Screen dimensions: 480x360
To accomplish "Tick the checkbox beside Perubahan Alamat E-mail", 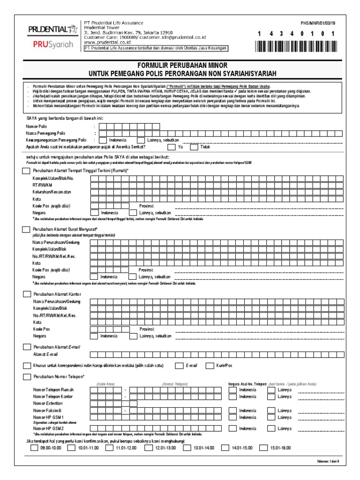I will [26, 347].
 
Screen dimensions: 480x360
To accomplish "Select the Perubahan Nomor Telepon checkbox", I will [26, 376].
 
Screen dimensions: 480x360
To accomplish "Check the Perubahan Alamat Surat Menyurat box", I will [26, 229].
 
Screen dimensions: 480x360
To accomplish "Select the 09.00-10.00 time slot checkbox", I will [35, 448].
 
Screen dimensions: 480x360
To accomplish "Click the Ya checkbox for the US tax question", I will [168, 146].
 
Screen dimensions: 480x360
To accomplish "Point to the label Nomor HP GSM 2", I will [48, 428].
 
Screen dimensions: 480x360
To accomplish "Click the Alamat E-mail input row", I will [216, 354].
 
